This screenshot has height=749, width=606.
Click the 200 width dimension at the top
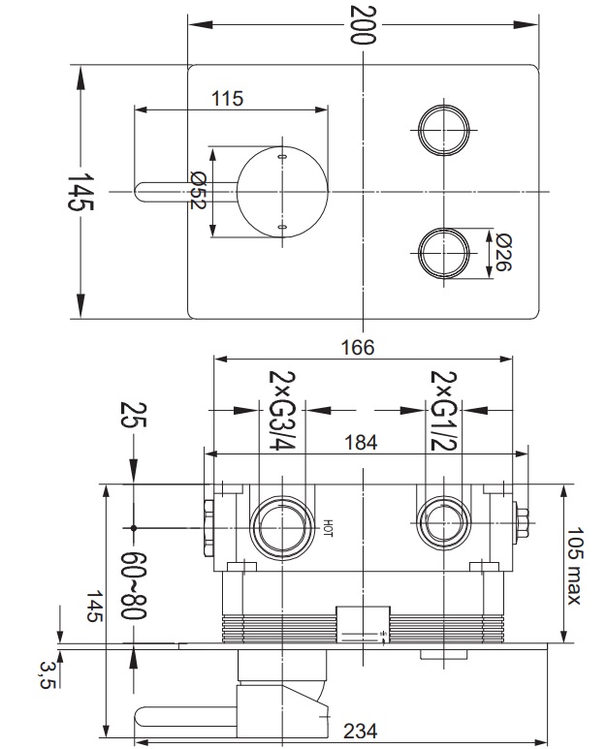pos(363,25)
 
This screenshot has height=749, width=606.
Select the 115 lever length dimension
pos(228,99)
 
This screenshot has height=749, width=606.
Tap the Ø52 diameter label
pos(198,190)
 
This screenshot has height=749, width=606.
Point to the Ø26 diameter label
pos(504,252)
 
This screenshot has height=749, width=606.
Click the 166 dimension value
pos(358,347)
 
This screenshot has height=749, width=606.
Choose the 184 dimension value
pos(361,443)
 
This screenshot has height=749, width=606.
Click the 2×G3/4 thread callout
pos(282,410)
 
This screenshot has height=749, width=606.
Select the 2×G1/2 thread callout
pos(443,410)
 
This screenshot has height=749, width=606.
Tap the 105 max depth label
pos(573,565)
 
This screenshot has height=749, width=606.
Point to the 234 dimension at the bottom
pos(361,731)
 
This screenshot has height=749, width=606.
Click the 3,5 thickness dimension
pos(48,674)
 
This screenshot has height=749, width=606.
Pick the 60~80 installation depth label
pos(134,585)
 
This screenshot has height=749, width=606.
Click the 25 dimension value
pos(134,414)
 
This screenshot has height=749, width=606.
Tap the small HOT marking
pos(328,528)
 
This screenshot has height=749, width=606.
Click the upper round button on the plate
pos(443,130)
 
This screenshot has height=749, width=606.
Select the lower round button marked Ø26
pos(443,252)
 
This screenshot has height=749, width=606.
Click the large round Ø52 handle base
pos(282,192)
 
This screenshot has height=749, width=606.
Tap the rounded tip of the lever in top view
pos(138,192)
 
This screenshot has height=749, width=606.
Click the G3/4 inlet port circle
pos(283,527)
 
